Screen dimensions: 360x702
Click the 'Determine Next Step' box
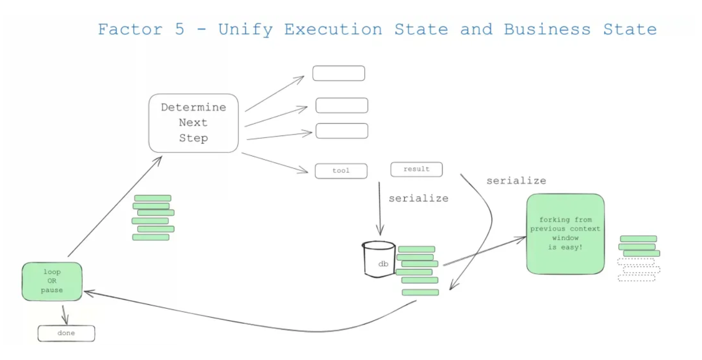(x=193, y=123)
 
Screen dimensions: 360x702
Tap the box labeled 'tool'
(x=341, y=171)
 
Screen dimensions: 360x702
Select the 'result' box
(x=416, y=169)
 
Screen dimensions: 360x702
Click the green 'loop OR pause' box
(x=52, y=281)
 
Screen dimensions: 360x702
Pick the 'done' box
(x=66, y=333)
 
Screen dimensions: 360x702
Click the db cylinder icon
(x=379, y=259)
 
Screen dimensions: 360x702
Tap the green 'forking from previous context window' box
(x=565, y=234)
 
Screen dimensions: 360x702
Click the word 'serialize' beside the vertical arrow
(x=419, y=198)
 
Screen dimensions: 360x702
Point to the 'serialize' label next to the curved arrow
(x=516, y=181)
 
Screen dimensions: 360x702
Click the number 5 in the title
(x=179, y=29)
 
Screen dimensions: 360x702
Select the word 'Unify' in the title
(x=245, y=29)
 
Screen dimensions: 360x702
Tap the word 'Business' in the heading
(x=546, y=29)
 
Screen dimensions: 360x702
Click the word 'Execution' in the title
(x=333, y=29)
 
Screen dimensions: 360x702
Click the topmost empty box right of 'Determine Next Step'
(x=339, y=73)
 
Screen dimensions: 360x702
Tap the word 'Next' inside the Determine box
(x=193, y=123)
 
